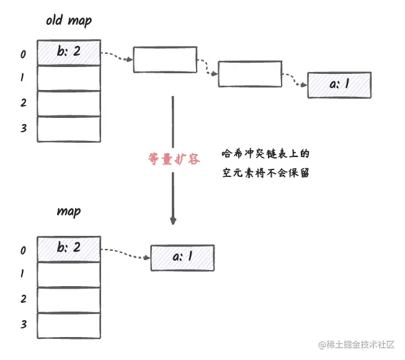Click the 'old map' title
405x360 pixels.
click(x=69, y=20)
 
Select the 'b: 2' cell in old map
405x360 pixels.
click(x=69, y=53)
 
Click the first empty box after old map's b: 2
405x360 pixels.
click(x=164, y=60)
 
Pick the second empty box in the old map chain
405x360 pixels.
click(x=249, y=73)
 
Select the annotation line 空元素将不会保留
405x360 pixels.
click(x=265, y=174)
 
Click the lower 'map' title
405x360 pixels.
click(x=69, y=212)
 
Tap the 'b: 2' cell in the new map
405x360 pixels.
click(x=69, y=248)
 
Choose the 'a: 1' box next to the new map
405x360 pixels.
click(x=182, y=257)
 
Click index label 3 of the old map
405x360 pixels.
click(x=23, y=128)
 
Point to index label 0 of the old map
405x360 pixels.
click(x=23, y=54)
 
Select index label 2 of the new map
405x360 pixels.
click(x=23, y=299)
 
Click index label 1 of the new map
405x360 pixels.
click(x=23, y=274)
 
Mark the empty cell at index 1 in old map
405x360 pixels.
click(x=69, y=78)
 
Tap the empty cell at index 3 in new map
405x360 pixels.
click(x=69, y=325)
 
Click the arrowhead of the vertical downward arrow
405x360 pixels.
click(x=174, y=220)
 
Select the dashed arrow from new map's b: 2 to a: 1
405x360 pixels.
click(x=125, y=252)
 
